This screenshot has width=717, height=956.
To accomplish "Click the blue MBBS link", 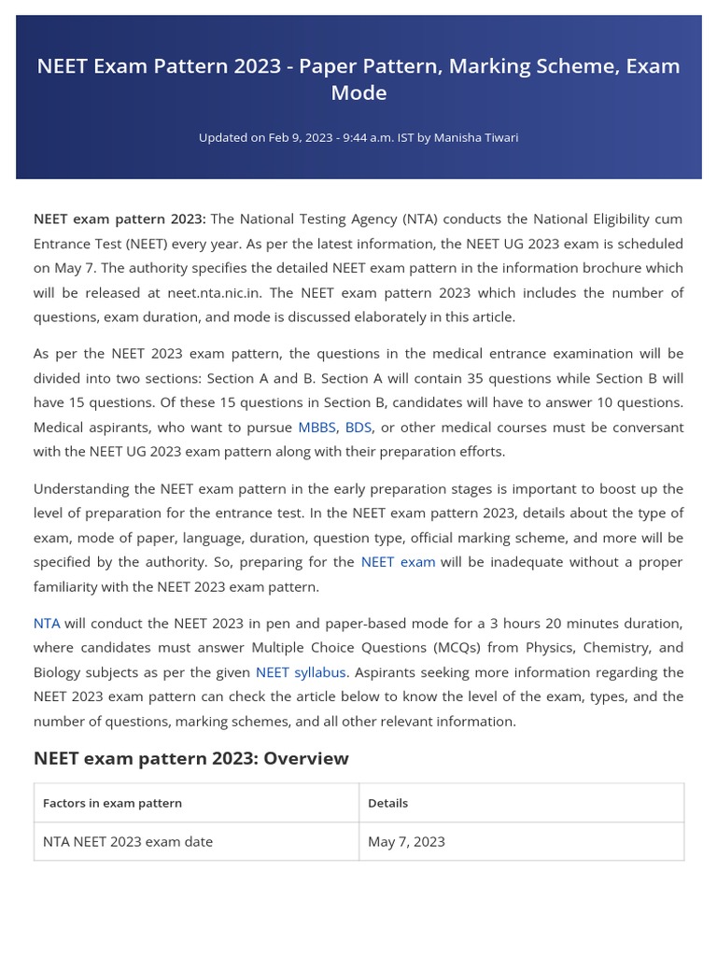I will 316,428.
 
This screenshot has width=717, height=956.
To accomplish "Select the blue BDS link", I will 358,428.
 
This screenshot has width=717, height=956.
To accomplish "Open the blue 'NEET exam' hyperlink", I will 398,562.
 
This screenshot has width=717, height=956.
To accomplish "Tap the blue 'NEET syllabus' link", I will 301,672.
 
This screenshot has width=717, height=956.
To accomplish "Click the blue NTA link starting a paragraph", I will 47,624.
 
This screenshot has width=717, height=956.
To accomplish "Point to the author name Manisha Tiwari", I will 476,138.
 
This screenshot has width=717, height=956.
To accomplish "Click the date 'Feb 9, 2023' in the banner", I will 300,138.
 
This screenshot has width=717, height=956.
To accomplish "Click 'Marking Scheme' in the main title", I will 535,66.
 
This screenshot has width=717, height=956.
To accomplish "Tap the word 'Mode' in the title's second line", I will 358,93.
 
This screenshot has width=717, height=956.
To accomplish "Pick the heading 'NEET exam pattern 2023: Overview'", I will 190,758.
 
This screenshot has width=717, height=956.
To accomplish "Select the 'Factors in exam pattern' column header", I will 112,803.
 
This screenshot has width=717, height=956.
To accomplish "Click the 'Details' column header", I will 387,803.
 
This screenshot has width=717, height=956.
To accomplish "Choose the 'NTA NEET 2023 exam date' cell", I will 128,842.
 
